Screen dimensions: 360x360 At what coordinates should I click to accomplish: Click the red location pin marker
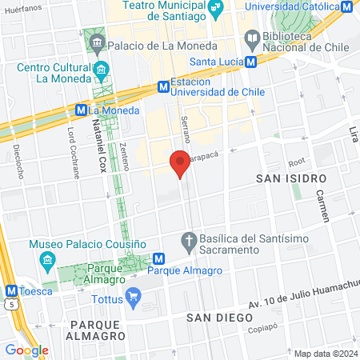(x=180, y=162)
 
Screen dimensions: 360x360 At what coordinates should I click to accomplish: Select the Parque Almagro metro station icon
(x=158, y=258)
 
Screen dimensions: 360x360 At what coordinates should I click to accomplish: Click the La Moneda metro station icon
(x=81, y=110)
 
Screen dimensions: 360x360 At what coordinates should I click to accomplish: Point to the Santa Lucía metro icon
(x=251, y=62)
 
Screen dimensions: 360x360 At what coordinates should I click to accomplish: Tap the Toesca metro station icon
(x=11, y=291)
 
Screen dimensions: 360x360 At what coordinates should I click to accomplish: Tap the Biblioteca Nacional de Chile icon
(x=252, y=38)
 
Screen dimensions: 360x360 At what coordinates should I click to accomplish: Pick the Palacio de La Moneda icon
(x=97, y=41)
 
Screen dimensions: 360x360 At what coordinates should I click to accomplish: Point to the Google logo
(x=26, y=350)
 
